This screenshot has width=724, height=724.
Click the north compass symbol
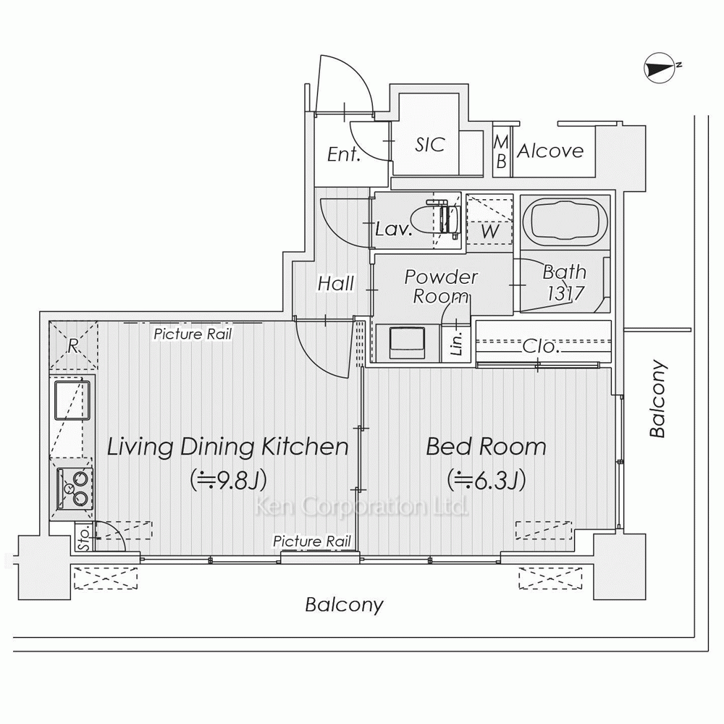[x=660, y=68]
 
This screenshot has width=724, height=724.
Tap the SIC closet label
[x=430, y=145]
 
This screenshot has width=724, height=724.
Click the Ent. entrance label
[x=343, y=154]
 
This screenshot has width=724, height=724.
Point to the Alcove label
[x=550, y=151]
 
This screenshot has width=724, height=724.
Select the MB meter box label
[x=502, y=151]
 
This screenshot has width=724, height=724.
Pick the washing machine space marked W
[x=489, y=220]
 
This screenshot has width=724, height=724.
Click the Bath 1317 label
[x=565, y=282]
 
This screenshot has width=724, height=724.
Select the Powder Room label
[x=441, y=286]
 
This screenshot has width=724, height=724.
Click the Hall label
[x=336, y=283]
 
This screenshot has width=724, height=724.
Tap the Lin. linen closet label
[x=457, y=343]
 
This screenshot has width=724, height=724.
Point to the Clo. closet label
[x=541, y=346]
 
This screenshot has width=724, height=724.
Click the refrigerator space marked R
[x=73, y=345]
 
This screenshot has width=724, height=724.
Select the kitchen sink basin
[x=72, y=400]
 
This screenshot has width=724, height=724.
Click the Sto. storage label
[x=84, y=537]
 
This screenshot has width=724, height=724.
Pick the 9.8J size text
[x=229, y=480]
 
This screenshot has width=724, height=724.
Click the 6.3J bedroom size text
[x=487, y=480]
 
